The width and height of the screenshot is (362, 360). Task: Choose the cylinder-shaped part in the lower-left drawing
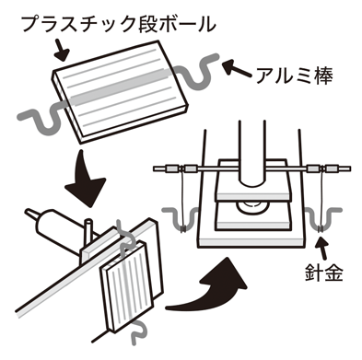tap(56, 226)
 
